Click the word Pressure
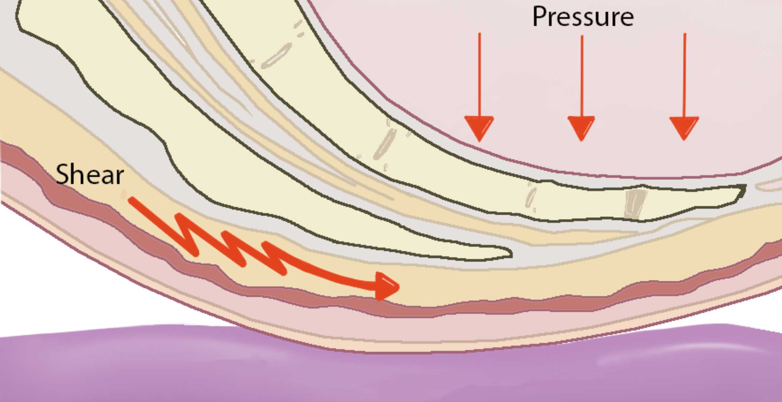583,17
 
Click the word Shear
89,174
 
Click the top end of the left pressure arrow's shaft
480,33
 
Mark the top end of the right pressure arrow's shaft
685,34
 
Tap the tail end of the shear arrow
130,200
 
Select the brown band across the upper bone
635,204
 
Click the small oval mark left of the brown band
531,197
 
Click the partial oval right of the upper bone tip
769,185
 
